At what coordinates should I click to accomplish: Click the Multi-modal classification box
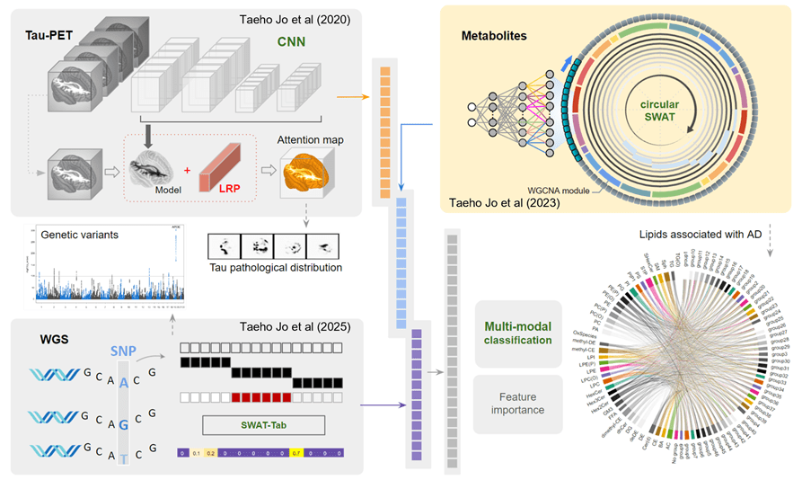pyautogui.click(x=518, y=334)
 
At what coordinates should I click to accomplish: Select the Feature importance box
pyautogui.click(x=518, y=404)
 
